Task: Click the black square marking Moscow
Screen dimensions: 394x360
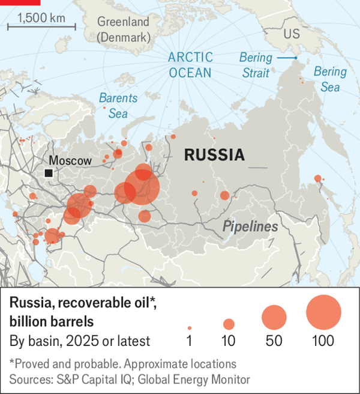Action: click(48, 174)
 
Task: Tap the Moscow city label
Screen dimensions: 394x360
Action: click(70, 160)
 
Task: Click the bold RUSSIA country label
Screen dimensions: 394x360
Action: click(214, 155)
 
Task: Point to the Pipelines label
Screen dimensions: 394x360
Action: click(250, 226)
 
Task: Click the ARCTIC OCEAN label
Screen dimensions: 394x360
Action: click(190, 65)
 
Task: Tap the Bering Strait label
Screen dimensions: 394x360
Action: click(256, 65)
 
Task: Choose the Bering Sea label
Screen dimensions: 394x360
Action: click(330, 79)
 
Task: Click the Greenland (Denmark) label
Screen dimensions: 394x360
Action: click(124, 29)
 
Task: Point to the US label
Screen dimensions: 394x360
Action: click(292, 34)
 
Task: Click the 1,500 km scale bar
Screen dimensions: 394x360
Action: click(41, 26)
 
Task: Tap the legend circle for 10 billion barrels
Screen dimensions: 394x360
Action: click(229, 324)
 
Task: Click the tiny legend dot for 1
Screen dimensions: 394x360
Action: click(190, 328)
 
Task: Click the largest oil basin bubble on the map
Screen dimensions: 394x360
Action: click(142, 188)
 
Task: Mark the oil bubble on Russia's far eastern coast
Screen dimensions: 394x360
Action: click(317, 178)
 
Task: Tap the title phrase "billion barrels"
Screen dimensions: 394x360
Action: click(50, 321)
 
